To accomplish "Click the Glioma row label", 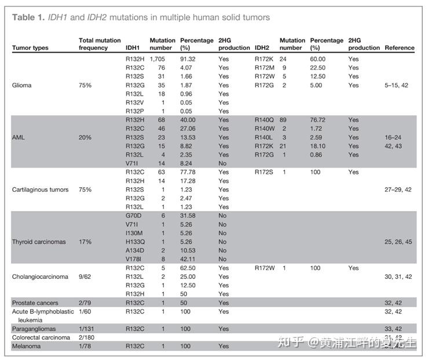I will tap(22, 85).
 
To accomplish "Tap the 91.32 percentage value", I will tap(189, 59).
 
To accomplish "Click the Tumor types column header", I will tap(30, 48).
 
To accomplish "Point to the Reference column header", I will tap(400, 48).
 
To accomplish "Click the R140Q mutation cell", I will tap(264, 120).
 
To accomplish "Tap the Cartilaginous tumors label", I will tap(40, 190).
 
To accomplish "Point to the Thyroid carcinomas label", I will tap(39, 242).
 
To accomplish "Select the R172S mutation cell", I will tap(264, 172).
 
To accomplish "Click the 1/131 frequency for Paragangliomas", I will tap(86, 329).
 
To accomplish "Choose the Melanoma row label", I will tap(26, 346).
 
